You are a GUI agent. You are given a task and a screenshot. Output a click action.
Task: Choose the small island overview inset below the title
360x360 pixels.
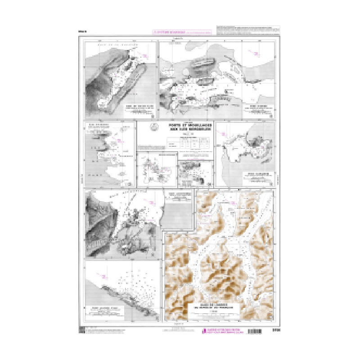pos(157,169)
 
